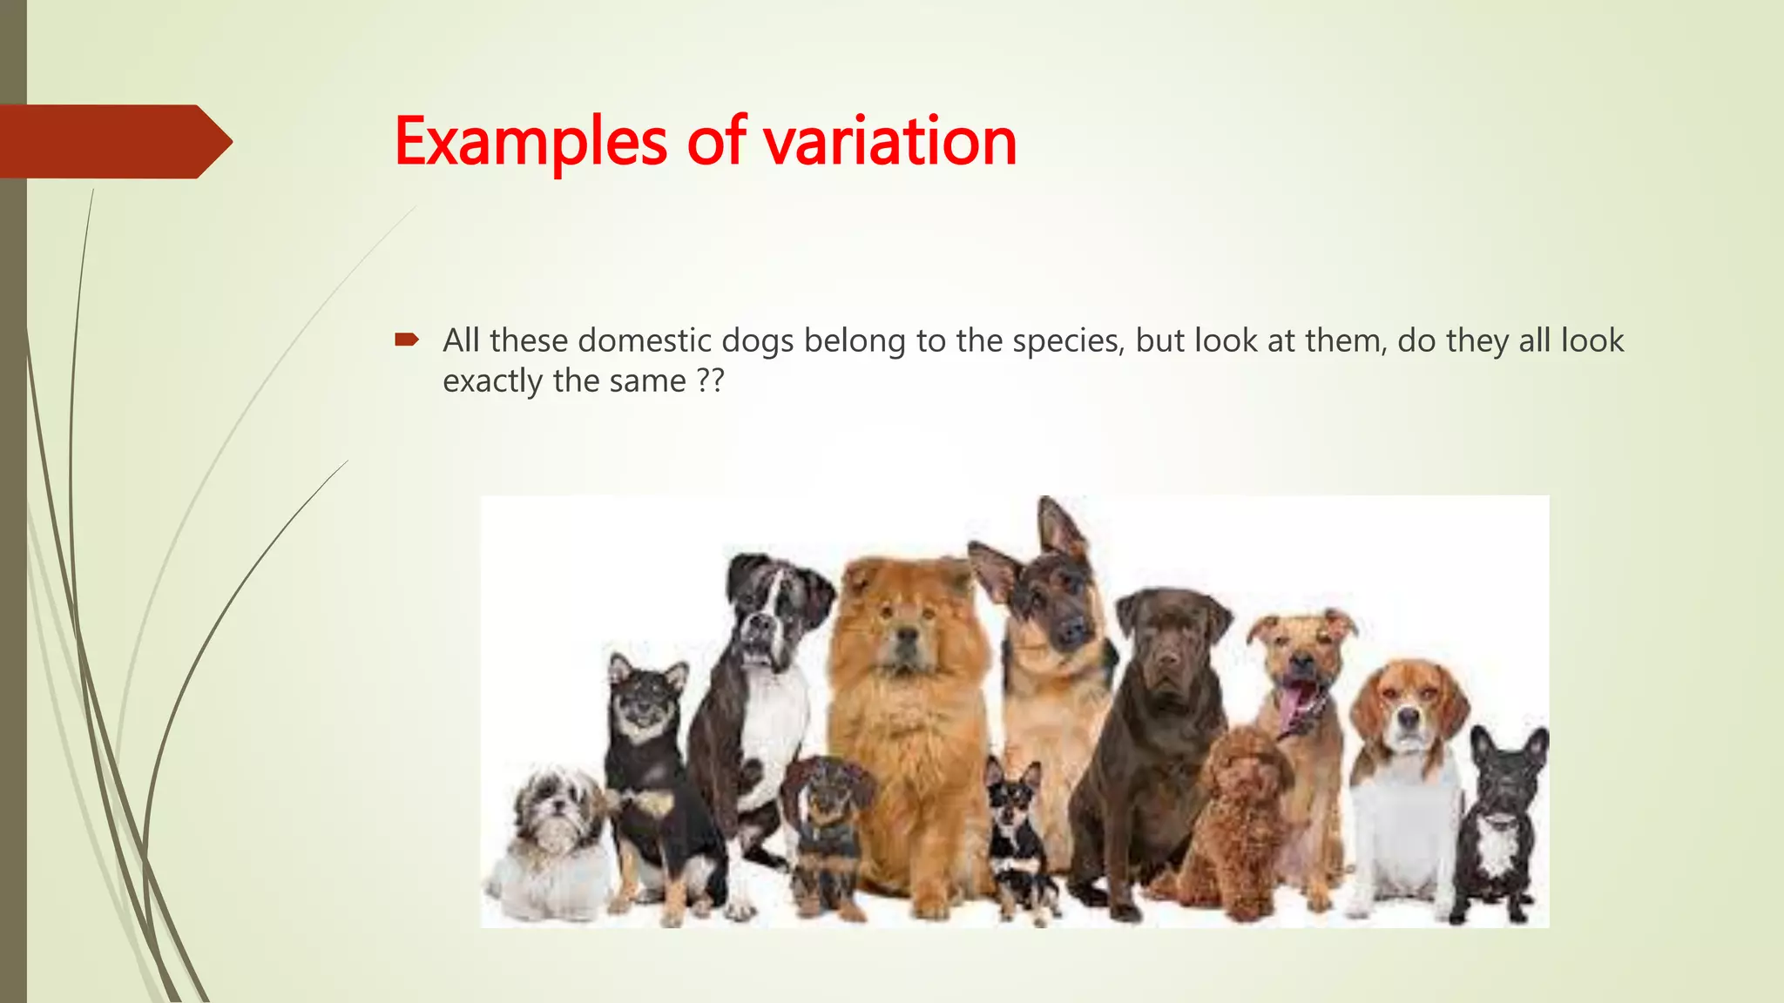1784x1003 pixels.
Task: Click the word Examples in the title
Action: click(530, 141)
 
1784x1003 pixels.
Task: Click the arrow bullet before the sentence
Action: click(407, 340)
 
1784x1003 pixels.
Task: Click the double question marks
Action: click(711, 381)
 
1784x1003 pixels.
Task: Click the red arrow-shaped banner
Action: click(113, 141)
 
